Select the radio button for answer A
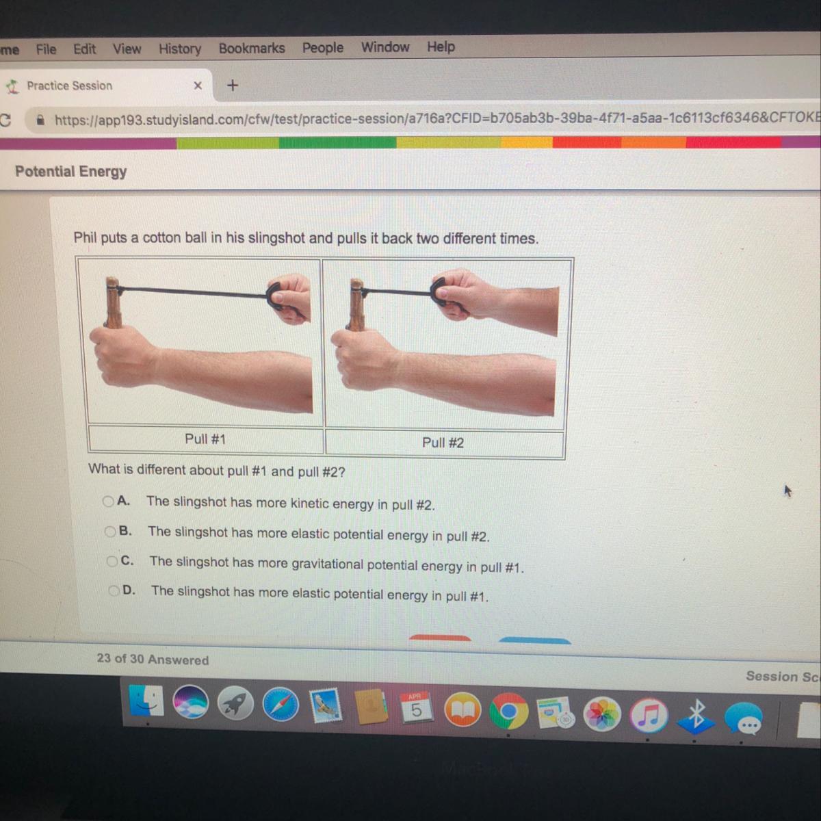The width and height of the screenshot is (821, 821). pos(108,501)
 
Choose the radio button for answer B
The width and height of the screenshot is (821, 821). pos(110,532)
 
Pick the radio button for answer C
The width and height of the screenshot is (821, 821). pos(112,561)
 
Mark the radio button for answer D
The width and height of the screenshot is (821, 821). pos(114,590)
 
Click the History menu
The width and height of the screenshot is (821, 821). pos(180,49)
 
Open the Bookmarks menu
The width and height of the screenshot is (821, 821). pos(252,48)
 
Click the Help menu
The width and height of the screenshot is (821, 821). pos(441,47)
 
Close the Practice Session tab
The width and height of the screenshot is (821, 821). pos(198,86)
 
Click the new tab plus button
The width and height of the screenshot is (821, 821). pos(232,86)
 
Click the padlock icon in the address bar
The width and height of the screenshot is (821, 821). pos(40,120)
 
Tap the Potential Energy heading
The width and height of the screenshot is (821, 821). pos(70,172)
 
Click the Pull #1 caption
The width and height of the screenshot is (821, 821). pos(205,439)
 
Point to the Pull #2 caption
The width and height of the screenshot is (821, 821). pos(443,443)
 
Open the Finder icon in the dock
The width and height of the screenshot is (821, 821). pos(146,701)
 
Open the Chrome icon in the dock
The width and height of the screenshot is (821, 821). pos(508,711)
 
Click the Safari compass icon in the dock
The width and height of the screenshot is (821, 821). pos(281,704)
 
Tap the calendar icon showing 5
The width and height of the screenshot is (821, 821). pos(416,707)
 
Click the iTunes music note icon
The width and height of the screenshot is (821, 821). pos(649,715)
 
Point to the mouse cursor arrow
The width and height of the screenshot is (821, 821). pos(787,491)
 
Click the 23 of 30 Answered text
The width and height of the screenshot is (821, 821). pos(153,659)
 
